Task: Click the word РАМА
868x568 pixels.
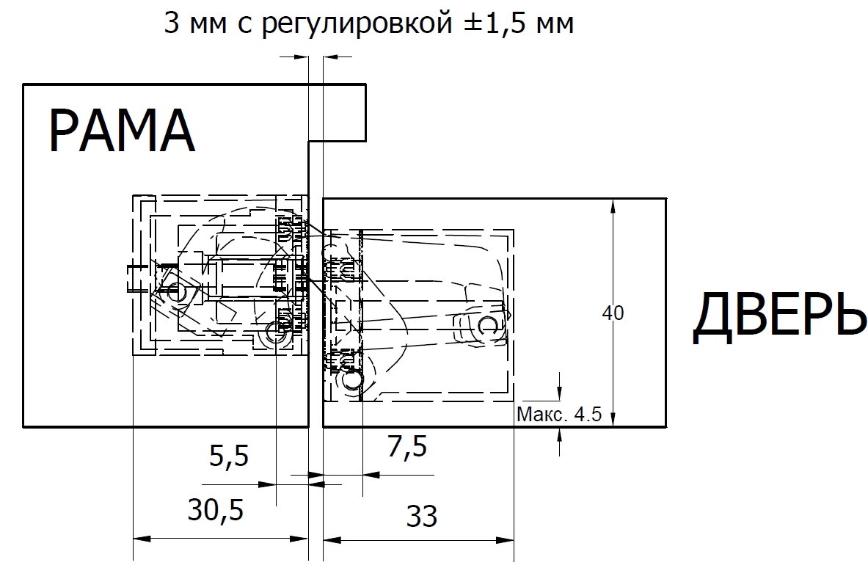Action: tap(122, 131)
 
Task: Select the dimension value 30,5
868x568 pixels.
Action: tap(215, 510)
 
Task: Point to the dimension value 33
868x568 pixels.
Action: tap(422, 516)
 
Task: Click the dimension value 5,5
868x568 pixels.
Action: tap(229, 456)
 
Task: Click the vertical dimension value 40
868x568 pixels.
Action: tap(613, 313)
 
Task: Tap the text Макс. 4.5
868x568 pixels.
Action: tap(558, 414)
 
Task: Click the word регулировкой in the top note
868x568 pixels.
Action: tap(357, 23)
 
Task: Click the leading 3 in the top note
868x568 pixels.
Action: tap(172, 23)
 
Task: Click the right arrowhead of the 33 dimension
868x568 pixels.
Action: tap(506, 540)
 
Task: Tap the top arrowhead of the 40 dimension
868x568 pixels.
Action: tap(612, 207)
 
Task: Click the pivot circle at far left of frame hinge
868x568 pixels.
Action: tap(177, 291)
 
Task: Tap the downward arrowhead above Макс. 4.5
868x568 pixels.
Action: tap(560, 391)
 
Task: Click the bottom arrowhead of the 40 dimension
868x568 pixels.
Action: tap(612, 418)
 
